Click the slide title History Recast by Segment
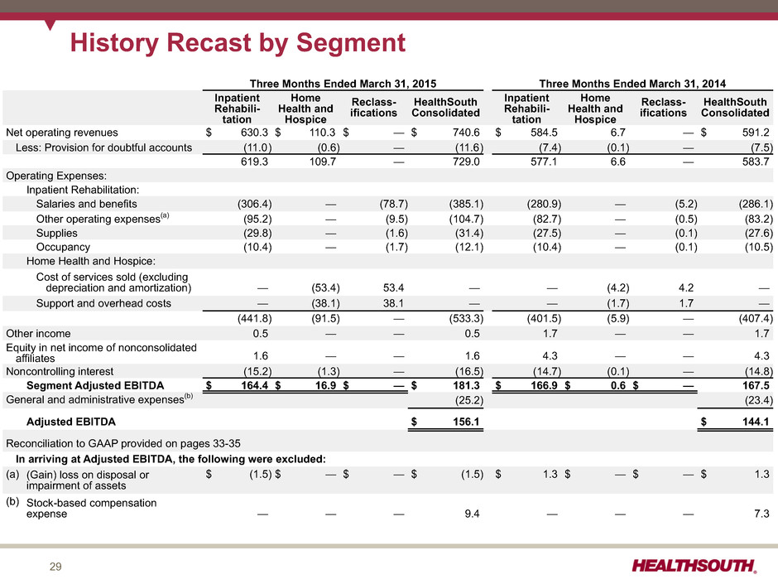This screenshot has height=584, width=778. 238,43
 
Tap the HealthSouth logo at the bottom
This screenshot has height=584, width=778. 694,566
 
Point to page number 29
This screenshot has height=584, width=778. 55,567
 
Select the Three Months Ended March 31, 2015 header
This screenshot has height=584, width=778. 343,84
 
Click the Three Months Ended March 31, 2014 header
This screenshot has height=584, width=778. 632,84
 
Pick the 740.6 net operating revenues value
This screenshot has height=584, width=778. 466,133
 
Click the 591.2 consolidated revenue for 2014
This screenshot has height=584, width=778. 756,133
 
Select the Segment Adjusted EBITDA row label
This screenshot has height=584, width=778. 95,386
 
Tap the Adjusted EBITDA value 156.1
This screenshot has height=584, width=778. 466,422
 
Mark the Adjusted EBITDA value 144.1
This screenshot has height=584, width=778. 756,422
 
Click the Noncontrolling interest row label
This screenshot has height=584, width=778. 60,371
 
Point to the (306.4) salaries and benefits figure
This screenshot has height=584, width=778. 255,204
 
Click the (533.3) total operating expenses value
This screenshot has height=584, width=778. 466,318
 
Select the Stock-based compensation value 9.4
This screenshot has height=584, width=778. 472,514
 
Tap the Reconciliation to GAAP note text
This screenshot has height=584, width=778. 123,443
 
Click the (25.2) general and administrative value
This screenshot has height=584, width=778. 469,400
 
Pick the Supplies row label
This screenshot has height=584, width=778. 56,234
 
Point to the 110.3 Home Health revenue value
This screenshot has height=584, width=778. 322,133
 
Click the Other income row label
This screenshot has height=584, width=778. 38,334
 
